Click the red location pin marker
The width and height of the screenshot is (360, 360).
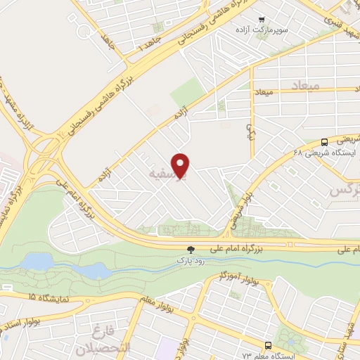click(x=181, y=165)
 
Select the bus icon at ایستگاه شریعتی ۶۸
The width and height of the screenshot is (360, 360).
click(x=324, y=141)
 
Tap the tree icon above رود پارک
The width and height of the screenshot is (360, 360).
click(x=190, y=250)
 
